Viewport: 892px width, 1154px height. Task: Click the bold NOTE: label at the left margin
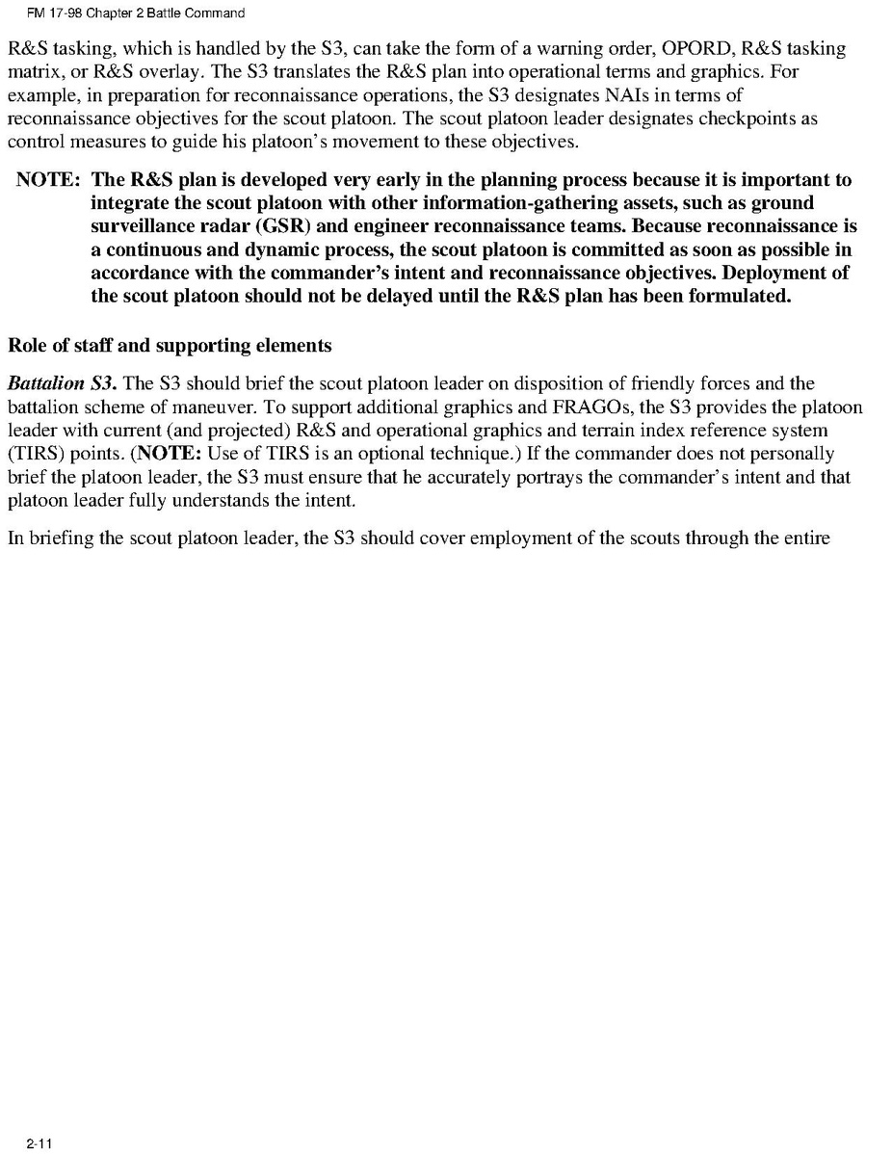click(48, 180)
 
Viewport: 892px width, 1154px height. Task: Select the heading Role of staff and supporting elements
click(170, 345)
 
